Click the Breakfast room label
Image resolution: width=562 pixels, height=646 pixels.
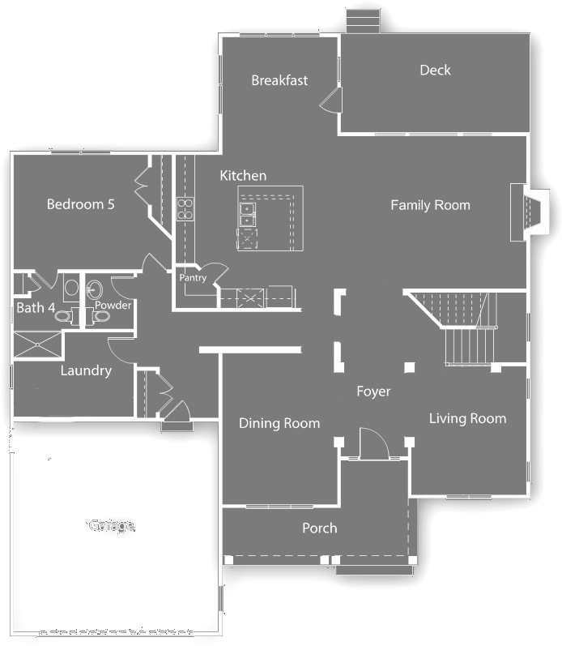pyautogui.click(x=279, y=80)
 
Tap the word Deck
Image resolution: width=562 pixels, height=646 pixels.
pyautogui.click(x=435, y=71)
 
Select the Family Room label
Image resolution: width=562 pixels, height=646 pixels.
pyautogui.click(x=430, y=205)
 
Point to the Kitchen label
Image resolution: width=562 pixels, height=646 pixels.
pyautogui.click(x=243, y=176)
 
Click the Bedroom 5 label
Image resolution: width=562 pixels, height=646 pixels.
pyautogui.click(x=80, y=204)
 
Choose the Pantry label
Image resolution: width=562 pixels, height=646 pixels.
pyautogui.click(x=193, y=278)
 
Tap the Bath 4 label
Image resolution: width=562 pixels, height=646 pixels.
pyautogui.click(x=36, y=308)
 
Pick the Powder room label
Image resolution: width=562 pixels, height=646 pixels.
pyautogui.click(x=113, y=306)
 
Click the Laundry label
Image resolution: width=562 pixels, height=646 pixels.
pyautogui.click(x=86, y=370)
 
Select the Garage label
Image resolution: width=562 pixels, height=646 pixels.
pyautogui.click(x=111, y=525)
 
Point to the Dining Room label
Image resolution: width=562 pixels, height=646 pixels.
pyautogui.click(x=279, y=423)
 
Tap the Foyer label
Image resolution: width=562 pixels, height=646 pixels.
pyautogui.click(x=373, y=391)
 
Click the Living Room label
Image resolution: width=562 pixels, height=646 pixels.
pyautogui.click(x=467, y=418)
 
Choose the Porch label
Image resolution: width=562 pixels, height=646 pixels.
pyautogui.click(x=319, y=528)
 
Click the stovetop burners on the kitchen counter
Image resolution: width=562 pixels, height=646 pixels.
pyautogui.click(x=185, y=209)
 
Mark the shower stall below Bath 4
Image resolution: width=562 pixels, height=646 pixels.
pyautogui.click(x=37, y=343)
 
